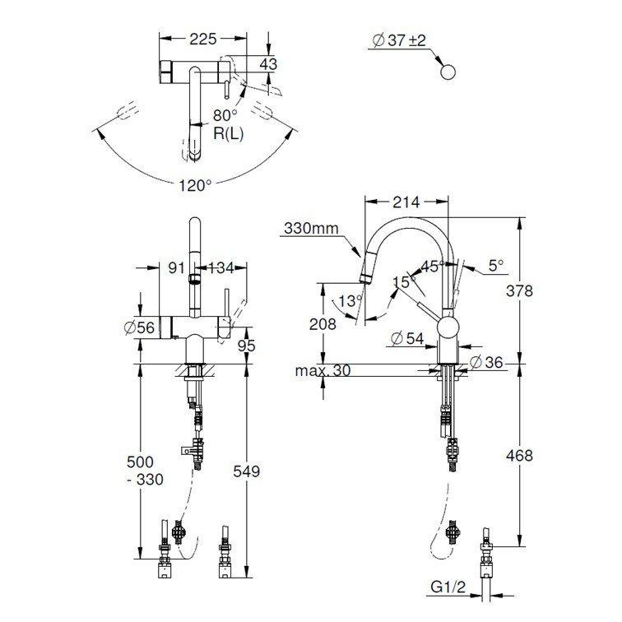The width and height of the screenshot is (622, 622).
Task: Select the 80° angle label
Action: click(x=225, y=115)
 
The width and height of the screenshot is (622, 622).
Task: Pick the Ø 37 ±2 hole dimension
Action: click(x=398, y=40)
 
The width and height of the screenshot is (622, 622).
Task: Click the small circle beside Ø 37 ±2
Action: click(x=448, y=72)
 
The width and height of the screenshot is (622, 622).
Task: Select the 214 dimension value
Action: click(x=406, y=202)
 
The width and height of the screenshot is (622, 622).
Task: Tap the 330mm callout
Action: click(x=311, y=228)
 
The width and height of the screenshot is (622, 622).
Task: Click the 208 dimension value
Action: click(x=323, y=324)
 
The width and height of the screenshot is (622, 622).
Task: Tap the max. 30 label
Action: click(x=323, y=371)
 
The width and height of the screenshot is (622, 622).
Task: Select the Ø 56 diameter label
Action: click(x=139, y=327)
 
